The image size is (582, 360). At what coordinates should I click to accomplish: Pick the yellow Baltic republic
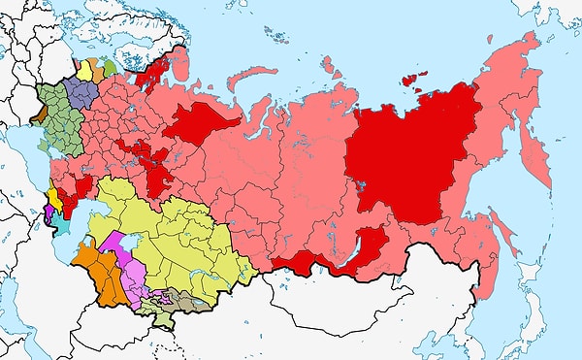click(86, 70)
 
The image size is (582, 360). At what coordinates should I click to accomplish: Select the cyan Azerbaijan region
click(60, 222)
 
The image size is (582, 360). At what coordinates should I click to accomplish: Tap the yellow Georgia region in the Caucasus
click(52, 197)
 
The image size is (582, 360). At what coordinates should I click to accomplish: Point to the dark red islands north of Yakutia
click(414, 81)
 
